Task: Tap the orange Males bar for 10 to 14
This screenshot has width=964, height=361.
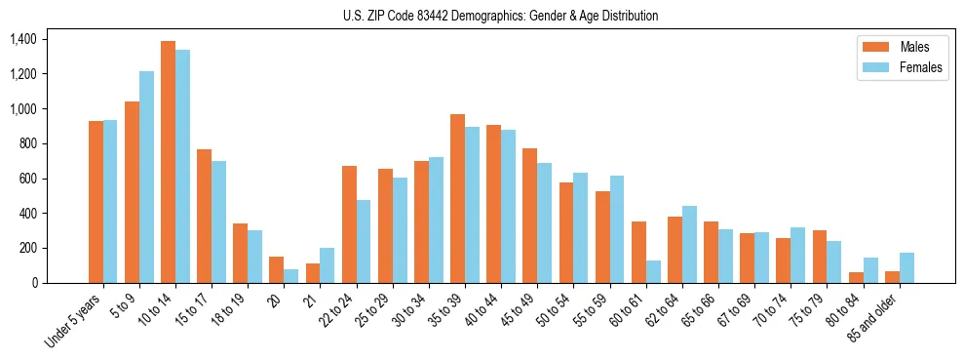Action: [x=168, y=162]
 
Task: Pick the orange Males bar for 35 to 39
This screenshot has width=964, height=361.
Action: [x=456, y=199]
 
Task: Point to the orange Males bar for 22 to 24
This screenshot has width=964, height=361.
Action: [x=349, y=224]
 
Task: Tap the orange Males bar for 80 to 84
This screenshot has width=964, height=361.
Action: [x=856, y=277]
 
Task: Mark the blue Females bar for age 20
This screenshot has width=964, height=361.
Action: [x=290, y=276]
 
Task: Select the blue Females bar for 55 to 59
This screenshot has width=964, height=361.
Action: [x=617, y=229]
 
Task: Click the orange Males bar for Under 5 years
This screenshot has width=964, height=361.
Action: [x=96, y=202]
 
